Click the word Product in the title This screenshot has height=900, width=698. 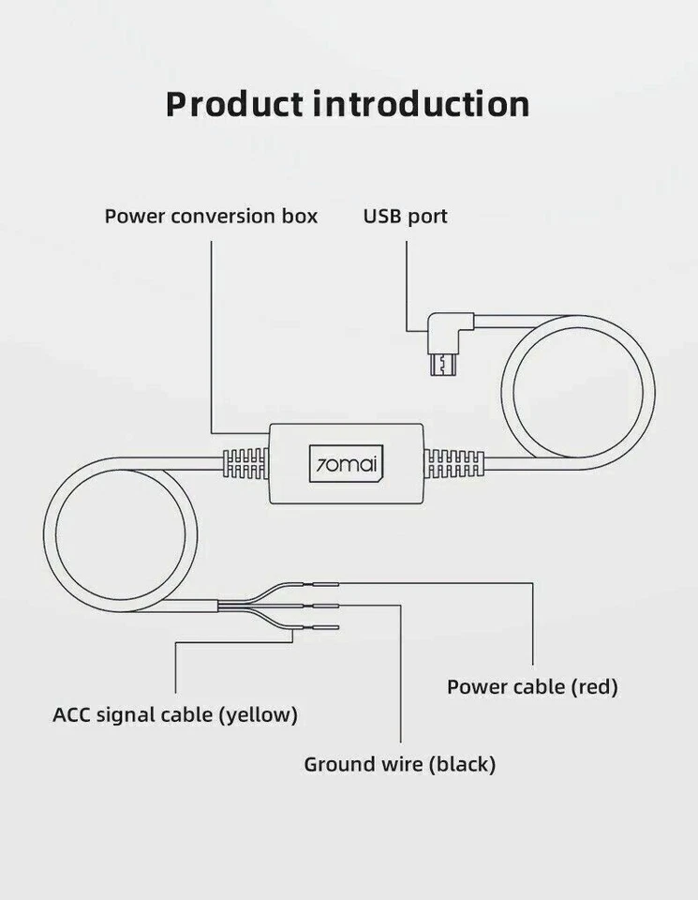(x=234, y=103)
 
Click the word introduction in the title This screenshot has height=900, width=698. (x=421, y=103)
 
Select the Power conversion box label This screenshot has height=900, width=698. (x=211, y=217)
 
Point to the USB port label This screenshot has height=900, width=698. (x=406, y=217)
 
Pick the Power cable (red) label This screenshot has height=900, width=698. (x=532, y=686)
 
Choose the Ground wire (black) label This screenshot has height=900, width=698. (x=399, y=764)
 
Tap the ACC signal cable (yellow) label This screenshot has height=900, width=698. (x=175, y=714)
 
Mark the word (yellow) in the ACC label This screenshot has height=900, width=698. (x=258, y=715)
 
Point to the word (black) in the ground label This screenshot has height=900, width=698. (x=462, y=765)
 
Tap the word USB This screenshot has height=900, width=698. (x=381, y=217)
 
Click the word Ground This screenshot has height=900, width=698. (x=337, y=764)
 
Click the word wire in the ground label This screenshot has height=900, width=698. (x=401, y=764)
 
